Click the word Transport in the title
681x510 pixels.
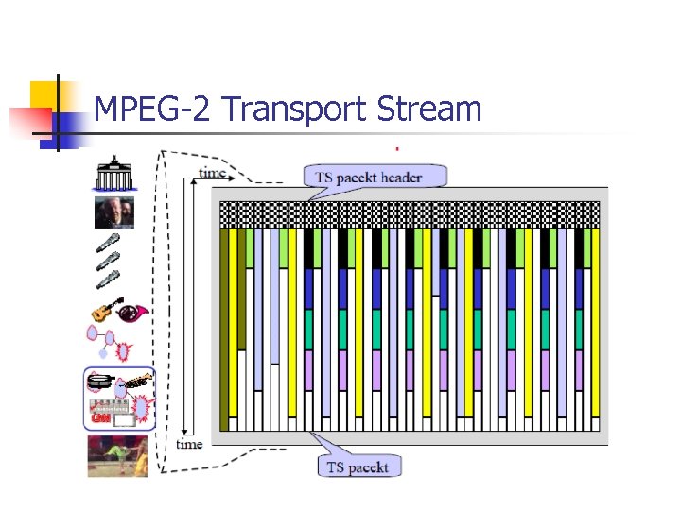295,110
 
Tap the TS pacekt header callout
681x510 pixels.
375,177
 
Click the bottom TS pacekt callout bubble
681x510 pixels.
359,467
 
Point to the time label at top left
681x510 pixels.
212,173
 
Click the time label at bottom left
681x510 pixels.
189,444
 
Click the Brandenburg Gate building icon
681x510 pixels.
113,175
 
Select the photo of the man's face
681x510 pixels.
113,213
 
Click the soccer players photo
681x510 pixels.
117,455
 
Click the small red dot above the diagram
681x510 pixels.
396,148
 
